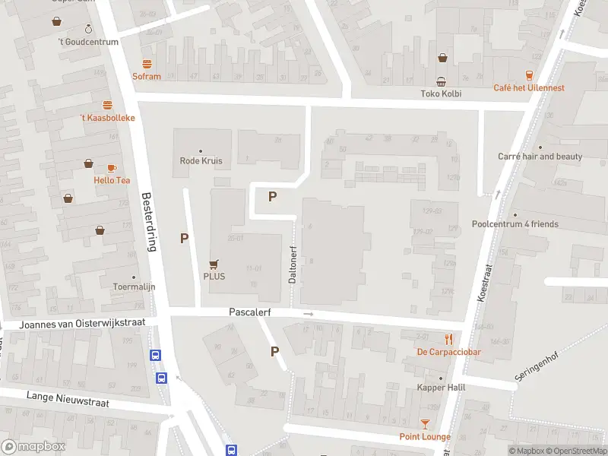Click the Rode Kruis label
click(x=201, y=160)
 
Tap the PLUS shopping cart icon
click(x=214, y=264)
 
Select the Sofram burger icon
click(x=147, y=64)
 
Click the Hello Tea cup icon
click(x=112, y=168)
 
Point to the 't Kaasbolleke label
click(x=107, y=118)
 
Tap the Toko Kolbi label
click(x=441, y=94)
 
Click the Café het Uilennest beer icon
click(x=530, y=74)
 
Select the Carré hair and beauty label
click(x=540, y=157)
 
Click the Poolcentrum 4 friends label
click(x=515, y=224)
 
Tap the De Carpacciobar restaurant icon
click(x=449, y=339)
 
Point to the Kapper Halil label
click(x=440, y=388)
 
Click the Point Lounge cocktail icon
click(x=425, y=424)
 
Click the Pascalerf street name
click(x=250, y=312)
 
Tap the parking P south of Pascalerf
click(x=275, y=351)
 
